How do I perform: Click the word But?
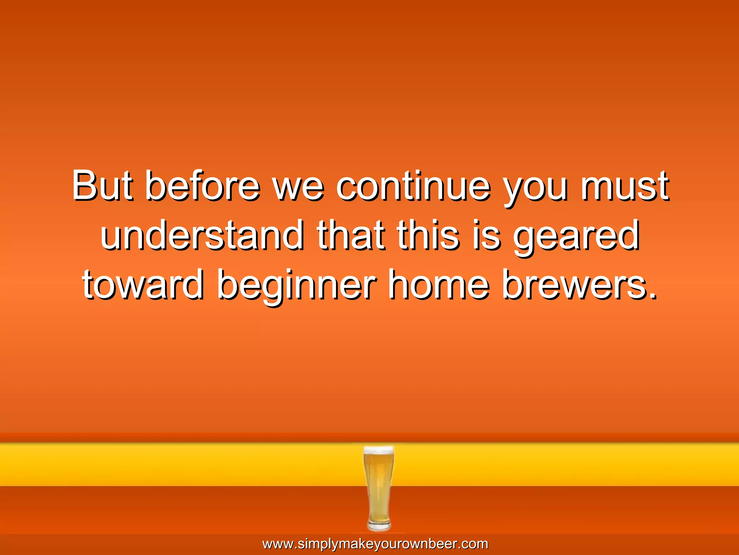(102, 186)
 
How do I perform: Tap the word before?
(202, 186)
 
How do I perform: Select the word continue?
(413, 186)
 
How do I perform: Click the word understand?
(202, 236)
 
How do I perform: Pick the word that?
(350, 236)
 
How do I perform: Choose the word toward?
(143, 285)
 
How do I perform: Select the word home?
(438, 285)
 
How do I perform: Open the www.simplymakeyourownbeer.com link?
(375, 544)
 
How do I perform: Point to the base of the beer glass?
(379, 526)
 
